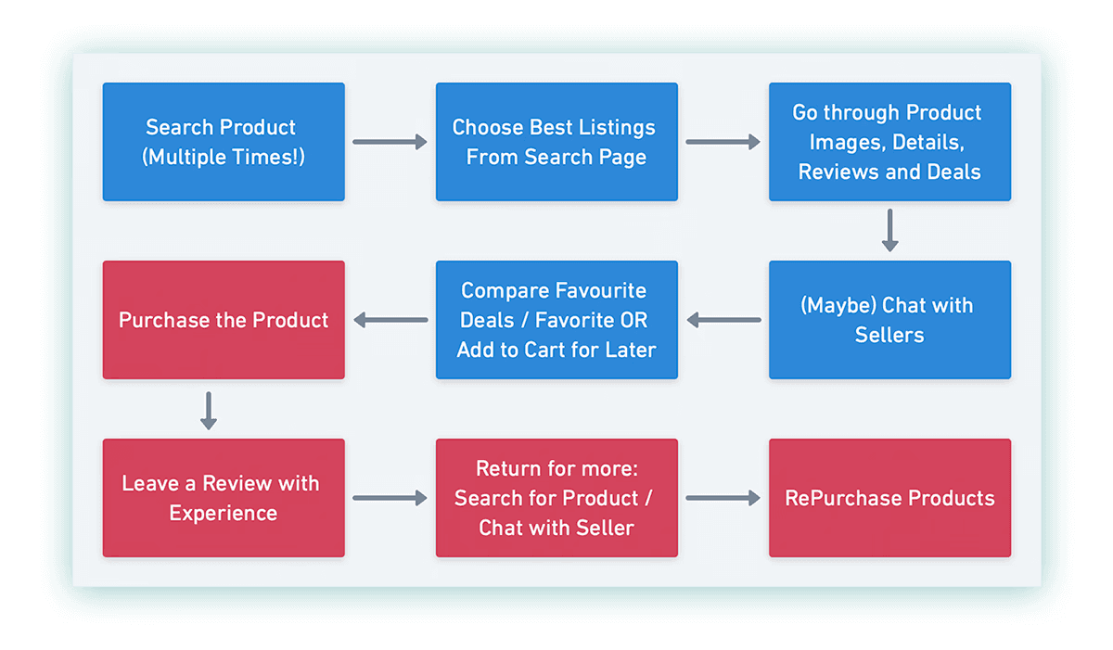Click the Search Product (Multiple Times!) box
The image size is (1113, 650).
point(223,142)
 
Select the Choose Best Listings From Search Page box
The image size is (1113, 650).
point(556,142)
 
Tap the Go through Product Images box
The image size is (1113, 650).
point(889,142)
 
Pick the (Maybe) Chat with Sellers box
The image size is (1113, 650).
point(889,320)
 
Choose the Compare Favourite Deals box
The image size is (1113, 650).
point(556,320)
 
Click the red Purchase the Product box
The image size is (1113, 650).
point(223,320)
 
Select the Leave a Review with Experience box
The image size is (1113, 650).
point(223,498)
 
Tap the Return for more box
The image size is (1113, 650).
point(556,498)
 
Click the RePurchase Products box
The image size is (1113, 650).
point(889,498)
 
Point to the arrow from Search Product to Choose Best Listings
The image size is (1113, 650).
point(390,142)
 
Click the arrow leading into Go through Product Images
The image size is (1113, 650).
point(723,142)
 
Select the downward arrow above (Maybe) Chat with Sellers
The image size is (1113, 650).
point(889,230)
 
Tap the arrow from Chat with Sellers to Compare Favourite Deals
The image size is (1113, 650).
point(723,321)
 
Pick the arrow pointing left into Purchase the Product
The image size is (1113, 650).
point(390,321)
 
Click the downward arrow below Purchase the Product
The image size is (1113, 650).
point(209,410)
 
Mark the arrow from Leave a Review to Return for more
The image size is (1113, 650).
point(390,499)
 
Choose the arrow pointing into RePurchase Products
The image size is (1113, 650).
point(723,499)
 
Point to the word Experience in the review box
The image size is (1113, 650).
point(223,514)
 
